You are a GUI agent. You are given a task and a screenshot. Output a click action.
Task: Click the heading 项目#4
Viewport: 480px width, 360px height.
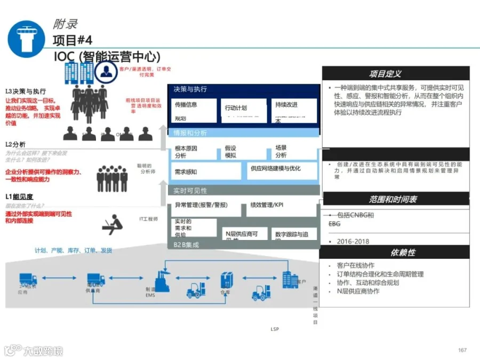[x=73, y=40]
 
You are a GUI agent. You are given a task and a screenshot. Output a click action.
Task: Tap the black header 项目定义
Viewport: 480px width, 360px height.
[x=396, y=74]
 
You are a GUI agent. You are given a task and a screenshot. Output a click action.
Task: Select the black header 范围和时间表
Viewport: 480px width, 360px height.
[x=396, y=199]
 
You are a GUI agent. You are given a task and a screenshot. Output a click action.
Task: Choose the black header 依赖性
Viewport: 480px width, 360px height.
[x=396, y=252]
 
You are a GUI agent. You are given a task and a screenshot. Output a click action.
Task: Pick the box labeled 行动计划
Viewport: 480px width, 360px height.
[x=244, y=108]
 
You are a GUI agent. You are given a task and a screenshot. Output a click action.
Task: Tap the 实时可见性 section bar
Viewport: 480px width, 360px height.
[x=245, y=190]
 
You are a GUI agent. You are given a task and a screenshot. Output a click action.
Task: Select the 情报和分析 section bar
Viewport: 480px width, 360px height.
[x=245, y=133]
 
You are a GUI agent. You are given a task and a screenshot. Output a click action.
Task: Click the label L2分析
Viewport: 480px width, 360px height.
[x=16, y=144]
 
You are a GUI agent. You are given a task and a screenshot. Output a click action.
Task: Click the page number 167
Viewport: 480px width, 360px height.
[x=462, y=350]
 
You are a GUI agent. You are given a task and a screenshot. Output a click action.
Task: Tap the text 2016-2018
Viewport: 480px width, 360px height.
[x=353, y=241]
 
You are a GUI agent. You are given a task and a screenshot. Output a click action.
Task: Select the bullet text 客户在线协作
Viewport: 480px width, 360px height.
[x=356, y=265]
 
